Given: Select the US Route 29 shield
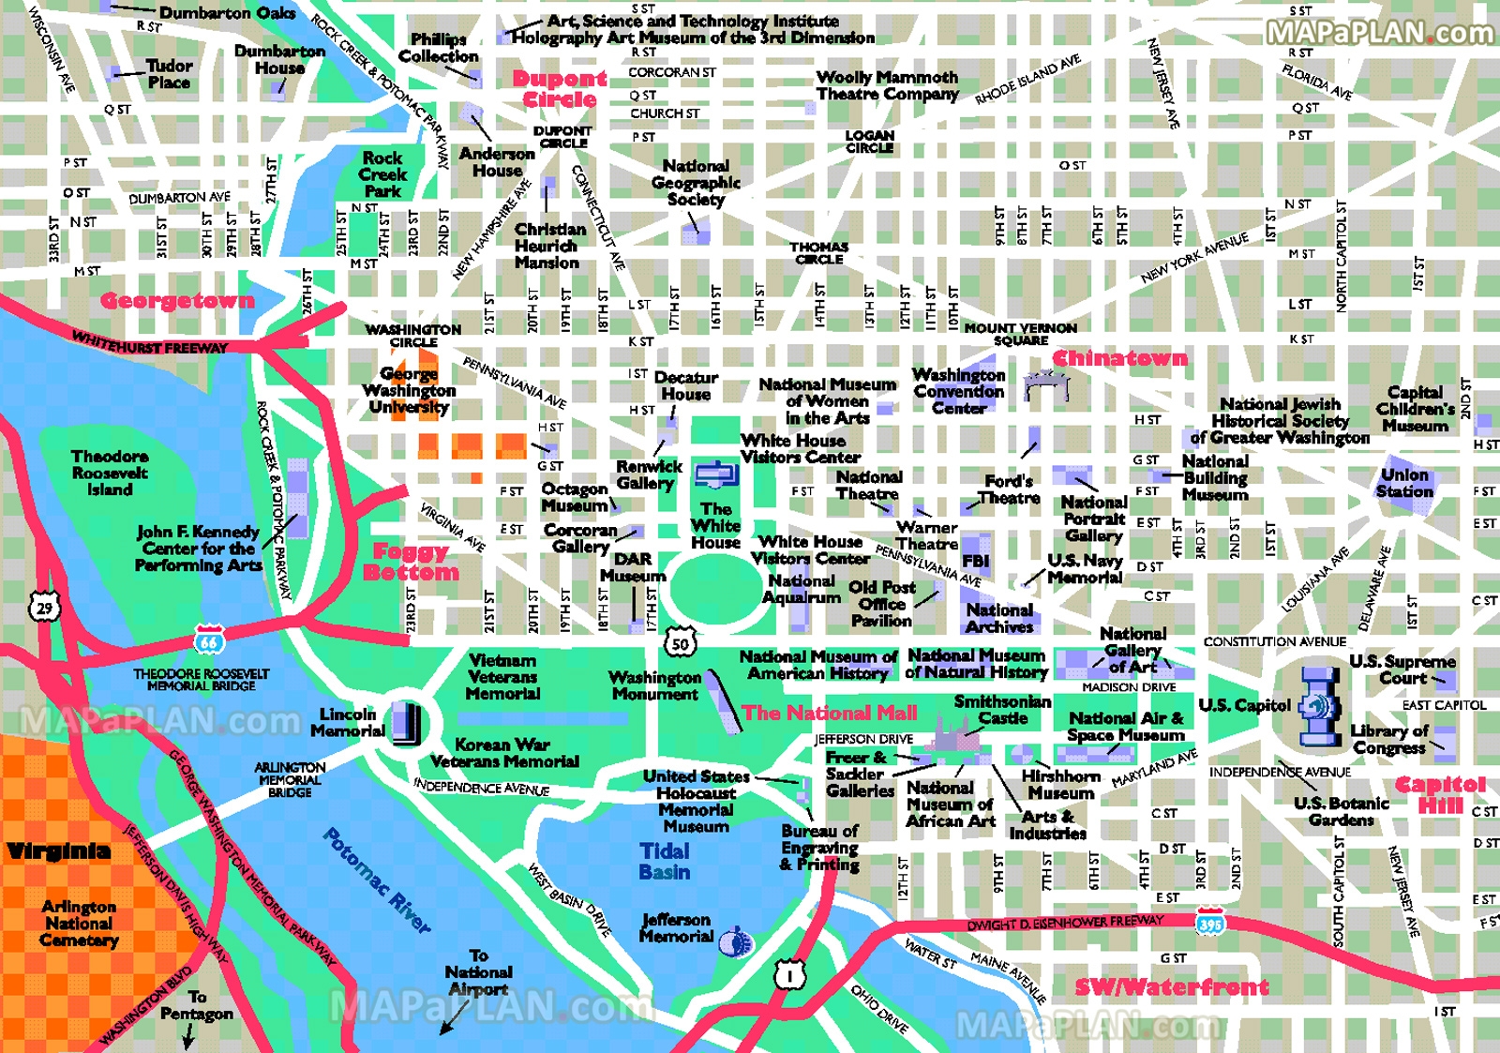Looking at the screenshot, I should tap(44, 608).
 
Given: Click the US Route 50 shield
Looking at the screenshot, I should tap(680, 642).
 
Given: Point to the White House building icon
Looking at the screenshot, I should tap(716, 474).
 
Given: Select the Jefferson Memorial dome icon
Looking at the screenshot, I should tap(736, 940).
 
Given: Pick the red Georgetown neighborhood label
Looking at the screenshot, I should tap(177, 301).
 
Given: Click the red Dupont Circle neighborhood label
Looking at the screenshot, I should tap(560, 89).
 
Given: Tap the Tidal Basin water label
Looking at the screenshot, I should tap(665, 861).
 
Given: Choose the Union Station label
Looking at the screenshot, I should tap(1404, 482).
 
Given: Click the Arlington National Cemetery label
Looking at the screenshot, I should tap(79, 923).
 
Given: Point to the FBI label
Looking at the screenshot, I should tap(975, 561).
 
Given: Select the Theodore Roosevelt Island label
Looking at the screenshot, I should tap(109, 473).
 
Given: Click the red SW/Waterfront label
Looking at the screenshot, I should tap(1172, 986).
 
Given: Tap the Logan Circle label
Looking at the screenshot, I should tap(869, 142).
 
